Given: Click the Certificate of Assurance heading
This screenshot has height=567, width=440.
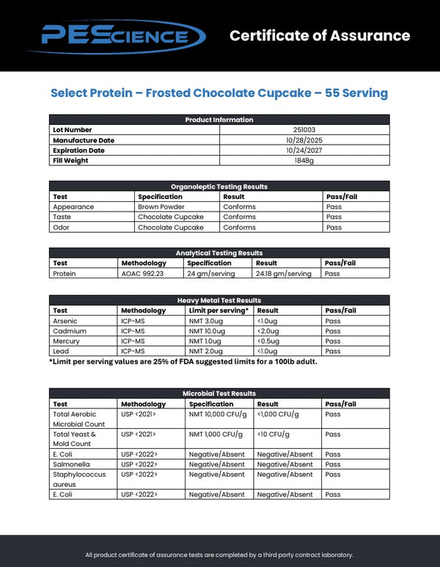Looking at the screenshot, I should click(319, 35).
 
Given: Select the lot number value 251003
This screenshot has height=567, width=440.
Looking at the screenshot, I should click(304, 130).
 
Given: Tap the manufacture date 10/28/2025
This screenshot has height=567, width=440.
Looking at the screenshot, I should click(304, 140).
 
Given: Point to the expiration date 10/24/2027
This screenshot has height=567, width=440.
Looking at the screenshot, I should click(304, 151).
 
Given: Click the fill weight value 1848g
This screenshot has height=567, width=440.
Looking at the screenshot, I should click(304, 161).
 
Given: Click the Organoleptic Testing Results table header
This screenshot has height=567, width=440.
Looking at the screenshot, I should click(219, 187).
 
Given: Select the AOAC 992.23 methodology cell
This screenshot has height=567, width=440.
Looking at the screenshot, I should click(142, 274).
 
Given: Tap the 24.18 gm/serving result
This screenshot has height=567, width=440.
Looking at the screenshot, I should click(283, 274).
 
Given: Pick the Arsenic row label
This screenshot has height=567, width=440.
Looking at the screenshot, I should click(65, 321).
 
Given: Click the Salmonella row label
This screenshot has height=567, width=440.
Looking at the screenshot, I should click(70, 464).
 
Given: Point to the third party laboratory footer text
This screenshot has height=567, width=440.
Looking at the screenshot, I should click(219, 555).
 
